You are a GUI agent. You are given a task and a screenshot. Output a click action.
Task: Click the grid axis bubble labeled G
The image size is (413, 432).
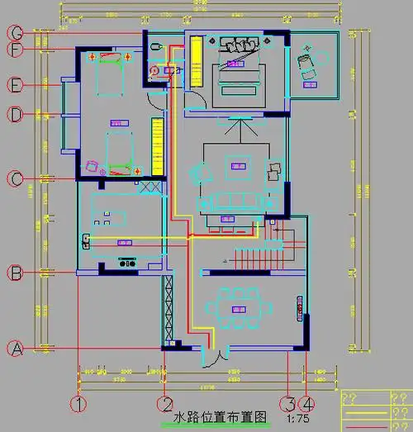[15, 32]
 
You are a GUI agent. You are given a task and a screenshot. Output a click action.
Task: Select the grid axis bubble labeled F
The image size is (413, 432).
[15, 50]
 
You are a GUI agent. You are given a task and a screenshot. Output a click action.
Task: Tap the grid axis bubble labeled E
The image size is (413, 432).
[15, 84]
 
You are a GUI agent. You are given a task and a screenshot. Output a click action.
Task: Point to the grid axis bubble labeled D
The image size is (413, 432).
[15, 115]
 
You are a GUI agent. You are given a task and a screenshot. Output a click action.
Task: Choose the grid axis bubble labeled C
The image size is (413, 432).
[15, 178]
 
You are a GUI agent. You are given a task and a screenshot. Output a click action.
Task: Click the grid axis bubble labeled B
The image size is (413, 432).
[15, 272]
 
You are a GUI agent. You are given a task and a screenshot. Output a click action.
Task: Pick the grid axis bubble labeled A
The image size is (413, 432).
[15, 349]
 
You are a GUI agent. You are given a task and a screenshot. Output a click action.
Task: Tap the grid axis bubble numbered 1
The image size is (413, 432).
[78, 405]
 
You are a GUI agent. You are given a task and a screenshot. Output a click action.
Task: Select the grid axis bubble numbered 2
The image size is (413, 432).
[166, 405]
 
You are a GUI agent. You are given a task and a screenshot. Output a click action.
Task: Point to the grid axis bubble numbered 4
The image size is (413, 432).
[307, 405]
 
